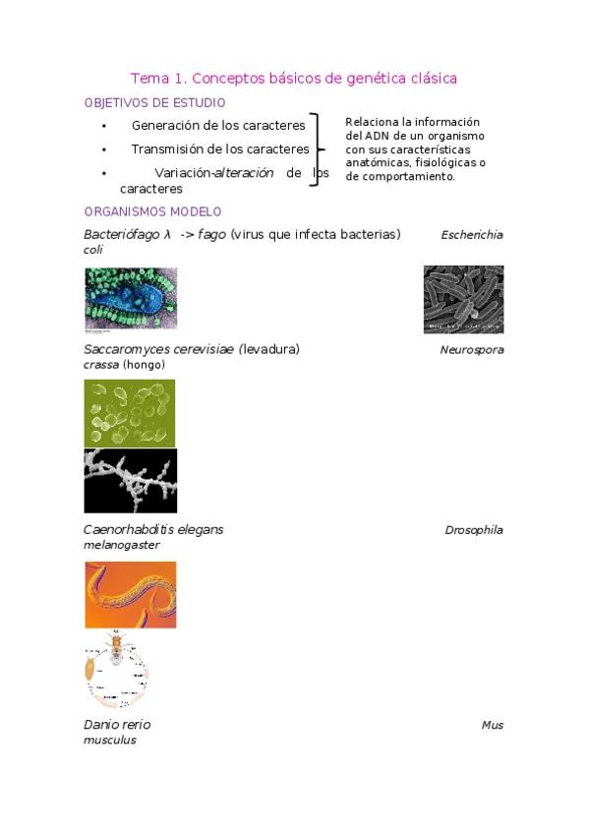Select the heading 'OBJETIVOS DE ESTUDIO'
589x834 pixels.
coord(154,102)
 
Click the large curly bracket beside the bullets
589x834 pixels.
coord(316,149)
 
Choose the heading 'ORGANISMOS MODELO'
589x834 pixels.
coord(152,211)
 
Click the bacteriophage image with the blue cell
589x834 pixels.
coord(131,299)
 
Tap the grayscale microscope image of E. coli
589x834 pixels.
coord(463,299)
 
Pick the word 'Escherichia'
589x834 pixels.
coord(472,235)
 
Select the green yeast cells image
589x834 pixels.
coord(130,413)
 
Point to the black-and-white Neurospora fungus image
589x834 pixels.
coord(130,481)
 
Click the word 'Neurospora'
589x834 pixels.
coord(472,350)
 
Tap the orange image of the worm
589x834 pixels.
coord(130,594)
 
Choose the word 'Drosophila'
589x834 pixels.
coord(474,530)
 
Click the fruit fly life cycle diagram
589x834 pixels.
coord(116,669)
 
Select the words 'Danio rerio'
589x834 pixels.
coord(117,725)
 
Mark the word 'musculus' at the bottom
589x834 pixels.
coord(110,741)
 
